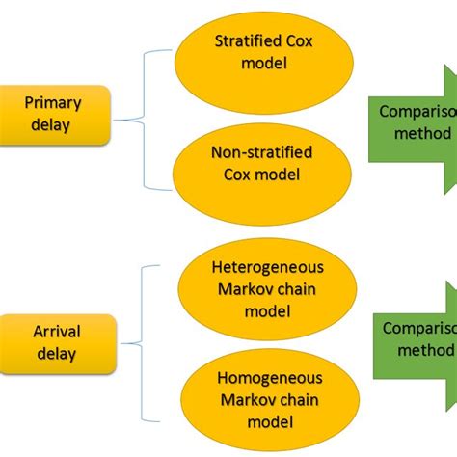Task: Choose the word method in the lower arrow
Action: (422, 348)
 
